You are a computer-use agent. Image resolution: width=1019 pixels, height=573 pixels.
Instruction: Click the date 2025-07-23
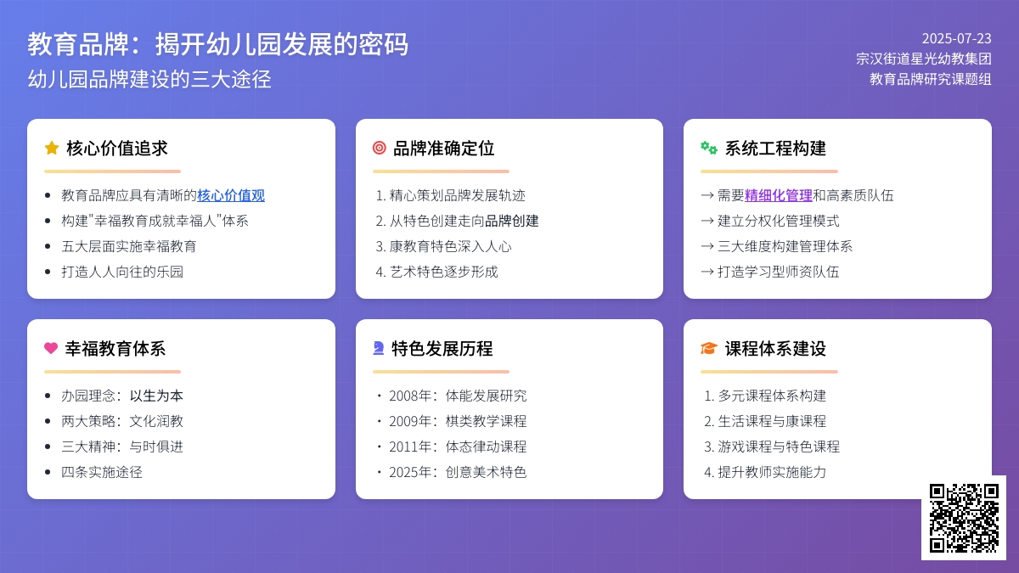tap(956, 38)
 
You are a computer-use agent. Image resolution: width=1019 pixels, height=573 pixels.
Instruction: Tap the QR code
tap(964, 518)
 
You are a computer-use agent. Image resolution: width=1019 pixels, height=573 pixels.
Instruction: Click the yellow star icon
tap(52, 148)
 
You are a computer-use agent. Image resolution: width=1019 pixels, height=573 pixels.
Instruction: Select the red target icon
tap(379, 148)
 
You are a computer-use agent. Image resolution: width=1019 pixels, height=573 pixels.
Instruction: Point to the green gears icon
tap(709, 148)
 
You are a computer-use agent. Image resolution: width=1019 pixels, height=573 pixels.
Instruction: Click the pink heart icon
tap(51, 348)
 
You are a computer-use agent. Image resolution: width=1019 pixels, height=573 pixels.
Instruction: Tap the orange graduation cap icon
tap(709, 348)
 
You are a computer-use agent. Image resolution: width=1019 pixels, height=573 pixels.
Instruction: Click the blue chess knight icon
tap(379, 348)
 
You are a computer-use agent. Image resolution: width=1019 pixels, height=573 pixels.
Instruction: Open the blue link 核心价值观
tap(231, 195)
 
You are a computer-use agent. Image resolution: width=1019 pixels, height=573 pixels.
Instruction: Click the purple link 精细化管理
tap(779, 195)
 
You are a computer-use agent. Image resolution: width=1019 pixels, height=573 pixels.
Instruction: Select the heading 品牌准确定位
tap(443, 149)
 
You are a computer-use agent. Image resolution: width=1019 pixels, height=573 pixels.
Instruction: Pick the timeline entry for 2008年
tap(458, 396)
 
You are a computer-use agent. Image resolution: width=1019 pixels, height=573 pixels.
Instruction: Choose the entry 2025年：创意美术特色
tap(458, 472)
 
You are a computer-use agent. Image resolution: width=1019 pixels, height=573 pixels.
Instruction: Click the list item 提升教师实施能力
tap(772, 472)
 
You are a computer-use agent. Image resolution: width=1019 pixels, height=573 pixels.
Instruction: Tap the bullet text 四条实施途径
tap(102, 472)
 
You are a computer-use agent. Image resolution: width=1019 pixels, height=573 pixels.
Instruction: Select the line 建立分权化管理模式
tap(779, 221)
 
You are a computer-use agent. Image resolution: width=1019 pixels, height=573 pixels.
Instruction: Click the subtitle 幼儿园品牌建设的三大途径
tap(149, 79)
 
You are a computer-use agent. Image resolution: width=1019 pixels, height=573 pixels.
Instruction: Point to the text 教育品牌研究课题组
tap(931, 79)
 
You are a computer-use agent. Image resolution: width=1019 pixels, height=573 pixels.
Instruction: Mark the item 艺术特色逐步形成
tap(443, 272)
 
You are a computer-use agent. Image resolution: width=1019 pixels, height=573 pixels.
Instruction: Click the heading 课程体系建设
tap(775, 349)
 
